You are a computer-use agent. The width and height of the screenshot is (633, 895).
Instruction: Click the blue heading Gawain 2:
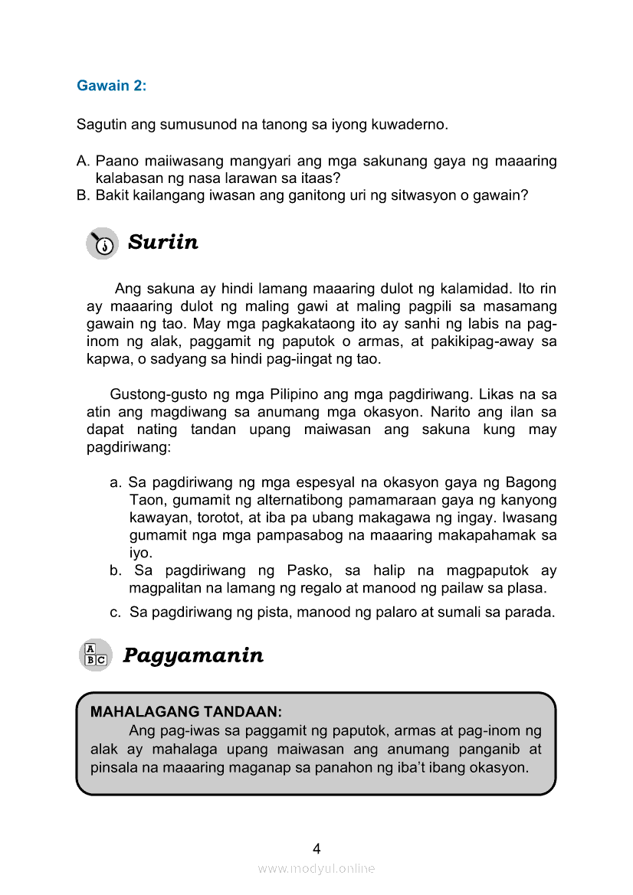point(111,86)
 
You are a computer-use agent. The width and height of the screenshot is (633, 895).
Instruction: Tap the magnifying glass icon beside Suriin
point(102,243)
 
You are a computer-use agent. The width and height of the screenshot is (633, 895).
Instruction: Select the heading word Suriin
point(162,243)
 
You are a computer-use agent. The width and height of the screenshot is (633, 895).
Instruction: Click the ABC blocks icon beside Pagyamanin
point(96,655)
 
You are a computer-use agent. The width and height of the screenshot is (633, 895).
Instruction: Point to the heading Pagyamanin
point(193,655)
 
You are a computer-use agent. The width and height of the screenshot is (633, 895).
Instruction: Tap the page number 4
point(316,848)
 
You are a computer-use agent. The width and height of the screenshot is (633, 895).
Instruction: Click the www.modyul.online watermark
point(316,869)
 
